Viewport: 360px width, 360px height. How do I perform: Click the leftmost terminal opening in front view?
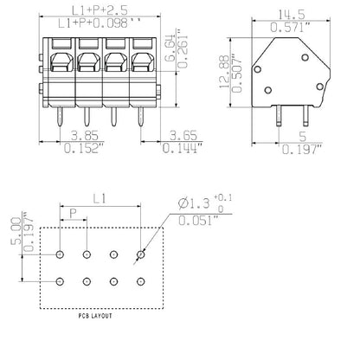coord(63,61)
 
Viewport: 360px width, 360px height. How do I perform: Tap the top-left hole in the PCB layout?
coord(60,254)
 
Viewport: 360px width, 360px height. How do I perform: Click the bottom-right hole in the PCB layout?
coord(141,283)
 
